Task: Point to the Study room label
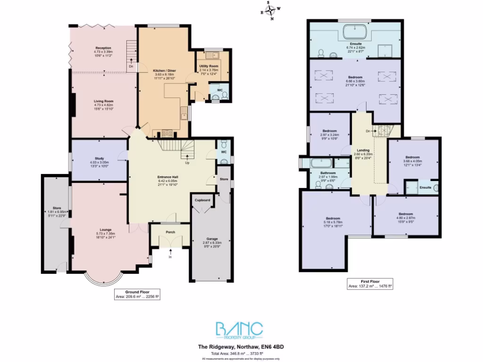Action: click(99, 158)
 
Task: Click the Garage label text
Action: click(212, 239)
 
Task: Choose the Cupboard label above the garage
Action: click(202, 200)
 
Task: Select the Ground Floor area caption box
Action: click(137, 295)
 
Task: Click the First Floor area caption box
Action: click(370, 283)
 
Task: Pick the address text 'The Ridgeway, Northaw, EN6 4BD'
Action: click(241, 346)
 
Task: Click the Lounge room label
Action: click(106, 230)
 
